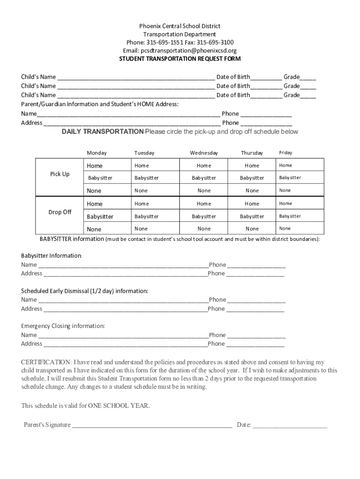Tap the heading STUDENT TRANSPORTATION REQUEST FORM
(x=180, y=59)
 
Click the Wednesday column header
(x=204, y=153)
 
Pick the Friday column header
(x=285, y=152)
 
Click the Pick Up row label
(x=60, y=174)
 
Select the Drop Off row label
(x=60, y=212)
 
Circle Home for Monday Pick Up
(x=94, y=166)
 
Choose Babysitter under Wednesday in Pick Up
(x=204, y=178)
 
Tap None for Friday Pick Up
(x=285, y=190)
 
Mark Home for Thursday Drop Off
(x=252, y=203)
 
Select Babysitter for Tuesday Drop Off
(x=146, y=217)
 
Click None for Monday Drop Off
(x=94, y=229)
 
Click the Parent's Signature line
(x=152, y=425)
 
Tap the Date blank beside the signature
(x=290, y=425)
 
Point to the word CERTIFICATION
(x=45, y=362)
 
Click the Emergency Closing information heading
(x=63, y=326)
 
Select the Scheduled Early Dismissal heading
(x=85, y=291)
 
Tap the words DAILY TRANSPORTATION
(x=103, y=132)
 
